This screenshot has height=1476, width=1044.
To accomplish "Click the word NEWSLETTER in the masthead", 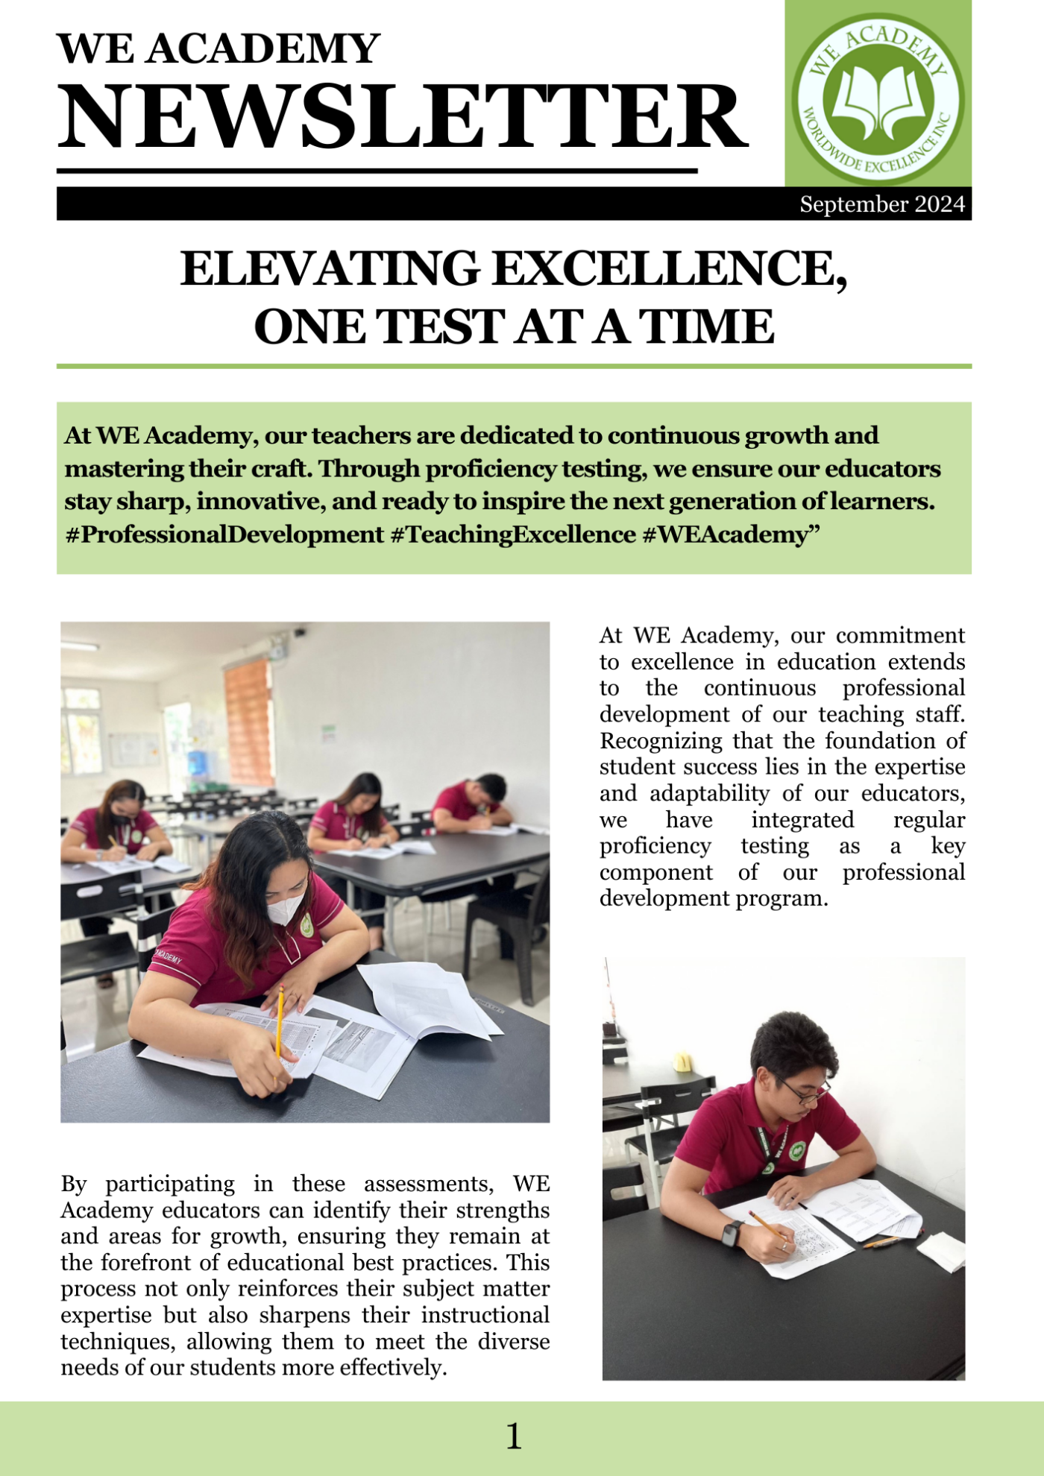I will click(403, 118).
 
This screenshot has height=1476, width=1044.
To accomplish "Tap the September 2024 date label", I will click(882, 204).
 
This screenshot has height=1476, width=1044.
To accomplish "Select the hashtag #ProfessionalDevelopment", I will click(224, 534).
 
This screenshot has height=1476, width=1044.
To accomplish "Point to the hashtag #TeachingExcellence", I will click(513, 534).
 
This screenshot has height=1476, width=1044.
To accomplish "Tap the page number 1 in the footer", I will click(515, 1436).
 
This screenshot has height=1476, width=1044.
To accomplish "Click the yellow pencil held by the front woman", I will click(280, 1021).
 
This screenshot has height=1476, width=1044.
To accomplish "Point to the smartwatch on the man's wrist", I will click(732, 1232).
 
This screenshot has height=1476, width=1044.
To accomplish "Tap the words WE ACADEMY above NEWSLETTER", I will click(218, 49).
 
